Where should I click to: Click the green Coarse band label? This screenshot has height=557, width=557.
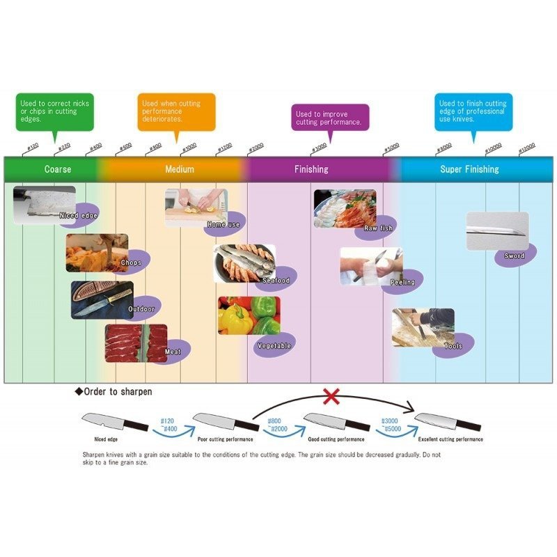pos(58,169)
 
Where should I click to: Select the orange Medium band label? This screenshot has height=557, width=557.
pos(180,169)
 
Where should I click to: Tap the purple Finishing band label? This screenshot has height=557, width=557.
pos(311,169)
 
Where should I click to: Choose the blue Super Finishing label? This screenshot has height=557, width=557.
pos(469,169)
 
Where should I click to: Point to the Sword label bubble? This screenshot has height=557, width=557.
pos(515,256)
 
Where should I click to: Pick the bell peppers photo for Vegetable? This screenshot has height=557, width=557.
pos(249,315)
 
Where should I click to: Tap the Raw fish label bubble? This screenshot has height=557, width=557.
pos(378,228)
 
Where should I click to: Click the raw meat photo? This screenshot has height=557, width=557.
pos(136,342)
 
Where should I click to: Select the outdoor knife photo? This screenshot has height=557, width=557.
pos(102,299)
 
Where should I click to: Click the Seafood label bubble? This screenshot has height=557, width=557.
pos(276,280)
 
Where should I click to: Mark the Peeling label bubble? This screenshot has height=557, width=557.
pos(402,282)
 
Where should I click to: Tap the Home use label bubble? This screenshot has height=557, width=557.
pos(223,224)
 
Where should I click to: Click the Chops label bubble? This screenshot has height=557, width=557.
pos(131,262)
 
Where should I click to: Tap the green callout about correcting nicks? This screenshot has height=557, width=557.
pos(54,112)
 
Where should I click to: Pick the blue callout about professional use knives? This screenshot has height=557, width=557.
pos(473,111)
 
